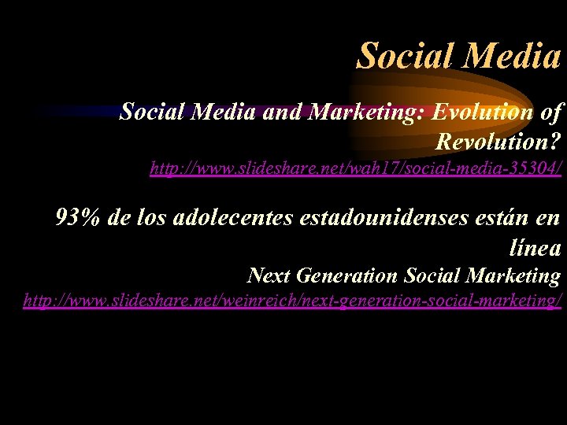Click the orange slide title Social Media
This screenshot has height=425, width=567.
coord(459,55)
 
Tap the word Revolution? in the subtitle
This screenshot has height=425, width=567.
coord(498,142)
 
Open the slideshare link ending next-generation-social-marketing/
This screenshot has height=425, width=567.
coord(293,301)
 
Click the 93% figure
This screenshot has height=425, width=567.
coord(78,218)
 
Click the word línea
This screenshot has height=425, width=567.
coord(535,248)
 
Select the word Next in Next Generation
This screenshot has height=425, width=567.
coord(265,275)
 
